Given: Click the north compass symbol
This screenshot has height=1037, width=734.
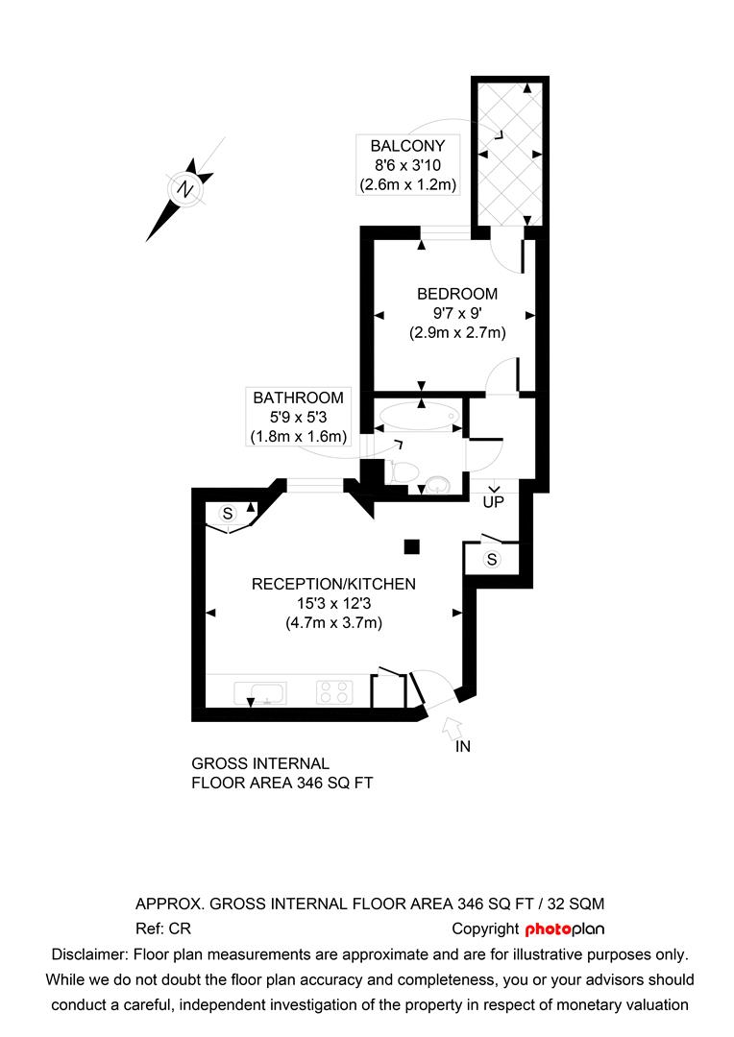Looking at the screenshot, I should click(x=183, y=189).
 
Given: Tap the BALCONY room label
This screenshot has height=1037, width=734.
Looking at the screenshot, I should click(x=407, y=146).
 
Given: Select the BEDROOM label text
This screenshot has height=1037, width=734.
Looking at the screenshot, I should click(x=457, y=294).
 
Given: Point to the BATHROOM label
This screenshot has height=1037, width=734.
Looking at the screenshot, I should click(x=298, y=398).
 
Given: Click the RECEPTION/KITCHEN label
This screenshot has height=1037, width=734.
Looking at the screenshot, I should click(x=333, y=584).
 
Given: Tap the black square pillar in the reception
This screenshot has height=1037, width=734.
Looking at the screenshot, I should click(x=411, y=546).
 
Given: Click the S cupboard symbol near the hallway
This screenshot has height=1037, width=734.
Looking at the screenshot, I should click(x=492, y=559).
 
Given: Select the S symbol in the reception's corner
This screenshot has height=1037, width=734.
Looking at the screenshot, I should click(x=228, y=513).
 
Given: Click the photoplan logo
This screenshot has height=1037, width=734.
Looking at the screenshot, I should click(x=565, y=928).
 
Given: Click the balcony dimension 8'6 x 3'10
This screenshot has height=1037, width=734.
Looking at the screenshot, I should click(x=407, y=165).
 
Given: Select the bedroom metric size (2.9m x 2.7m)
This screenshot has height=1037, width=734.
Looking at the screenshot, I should click(x=457, y=332).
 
